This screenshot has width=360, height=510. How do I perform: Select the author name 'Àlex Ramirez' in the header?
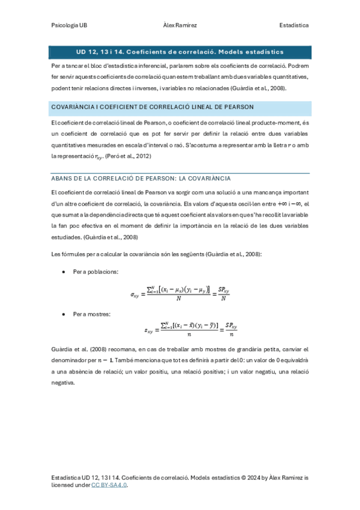click(180, 25)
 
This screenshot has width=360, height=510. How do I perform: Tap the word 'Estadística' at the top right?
click(294, 25)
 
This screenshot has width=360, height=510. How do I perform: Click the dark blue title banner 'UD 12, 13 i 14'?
click(180, 52)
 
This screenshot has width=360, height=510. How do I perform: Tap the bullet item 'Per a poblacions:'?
click(95, 272)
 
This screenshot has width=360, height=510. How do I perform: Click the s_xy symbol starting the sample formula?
click(150, 330)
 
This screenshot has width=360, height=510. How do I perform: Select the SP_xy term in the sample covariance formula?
click(226, 325)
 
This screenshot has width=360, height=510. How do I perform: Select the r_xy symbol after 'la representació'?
click(99, 157)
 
